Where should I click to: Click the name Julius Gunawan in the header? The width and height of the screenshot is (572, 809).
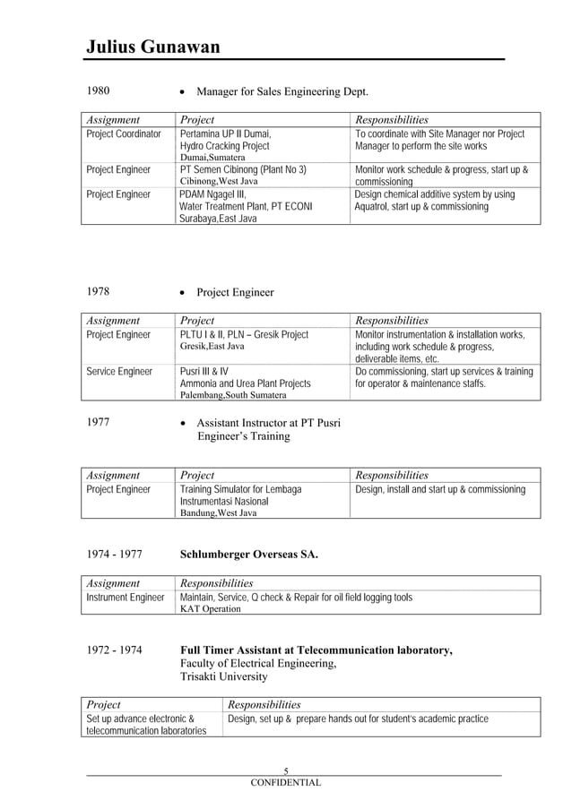pyautogui.click(x=153, y=47)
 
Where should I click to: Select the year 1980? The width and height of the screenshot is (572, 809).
pyautogui.click(x=99, y=91)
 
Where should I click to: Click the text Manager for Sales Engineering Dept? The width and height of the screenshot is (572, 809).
pyautogui.click(x=282, y=91)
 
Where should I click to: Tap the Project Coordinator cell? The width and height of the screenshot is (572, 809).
pyautogui.click(x=124, y=134)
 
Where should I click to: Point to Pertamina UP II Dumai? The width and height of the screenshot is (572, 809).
pyautogui.click(x=226, y=134)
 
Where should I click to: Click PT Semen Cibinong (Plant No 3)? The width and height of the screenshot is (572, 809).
pyautogui.click(x=243, y=169)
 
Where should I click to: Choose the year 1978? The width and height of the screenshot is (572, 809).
pyautogui.click(x=99, y=292)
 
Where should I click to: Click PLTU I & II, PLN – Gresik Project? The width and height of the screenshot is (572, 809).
pyautogui.click(x=244, y=334)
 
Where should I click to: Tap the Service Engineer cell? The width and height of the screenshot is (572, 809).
pyautogui.click(x=119, y=371)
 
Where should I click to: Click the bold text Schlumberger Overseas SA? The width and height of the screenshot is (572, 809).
pyautogui.click(x=249, y=555)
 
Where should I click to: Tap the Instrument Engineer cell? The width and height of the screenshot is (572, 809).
pyautogui.click(x=126, y=597)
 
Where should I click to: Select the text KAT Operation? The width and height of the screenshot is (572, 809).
pyautogui.click(x=211, y=608)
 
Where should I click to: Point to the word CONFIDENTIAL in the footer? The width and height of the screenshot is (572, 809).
pyautogui.click(x=285, y=782)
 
